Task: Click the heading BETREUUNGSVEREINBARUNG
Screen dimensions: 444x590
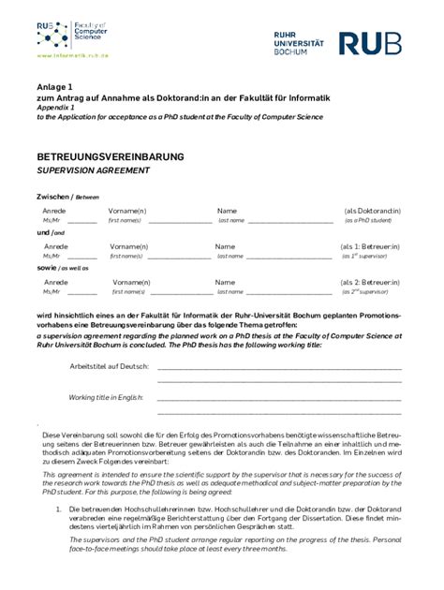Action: [111, 156]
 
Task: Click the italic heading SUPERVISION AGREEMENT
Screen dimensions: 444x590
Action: [93, 170]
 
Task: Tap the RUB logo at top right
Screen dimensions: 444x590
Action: [369, 43]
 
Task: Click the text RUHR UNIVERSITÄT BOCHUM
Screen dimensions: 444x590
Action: [299, 43]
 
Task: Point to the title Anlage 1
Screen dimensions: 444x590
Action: [53, 86]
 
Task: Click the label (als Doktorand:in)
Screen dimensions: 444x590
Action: [372, 211]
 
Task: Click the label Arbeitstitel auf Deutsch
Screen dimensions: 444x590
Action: [109, 366]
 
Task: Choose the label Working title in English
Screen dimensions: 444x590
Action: [106, 397]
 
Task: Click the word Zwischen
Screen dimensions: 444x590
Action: [52, 197]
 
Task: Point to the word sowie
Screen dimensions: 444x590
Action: [47, 268]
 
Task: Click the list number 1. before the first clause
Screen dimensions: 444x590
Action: [60, 509]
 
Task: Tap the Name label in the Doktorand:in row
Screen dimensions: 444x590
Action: [227, 211]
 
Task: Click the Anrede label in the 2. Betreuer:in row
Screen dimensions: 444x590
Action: [56, 282]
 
